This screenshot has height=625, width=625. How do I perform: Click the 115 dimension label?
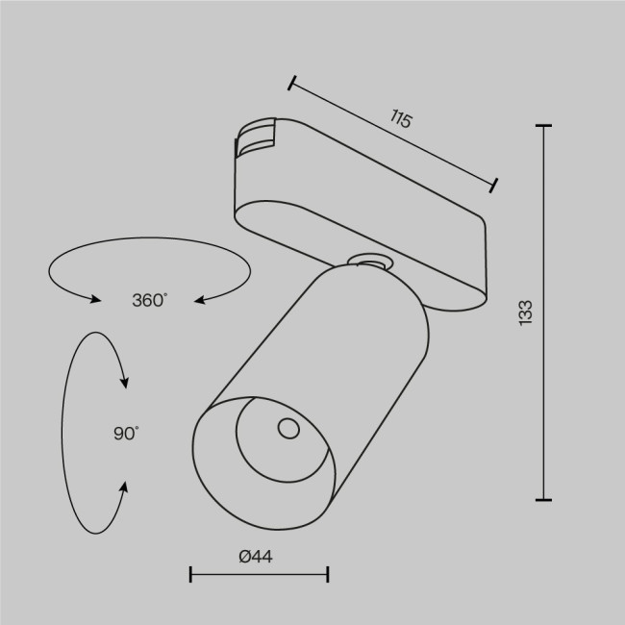401,120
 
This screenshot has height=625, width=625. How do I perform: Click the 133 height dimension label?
524,312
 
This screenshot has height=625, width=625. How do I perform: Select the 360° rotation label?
149,300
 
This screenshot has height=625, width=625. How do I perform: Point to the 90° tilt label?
125,434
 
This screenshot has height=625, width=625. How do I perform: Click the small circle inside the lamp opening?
286,429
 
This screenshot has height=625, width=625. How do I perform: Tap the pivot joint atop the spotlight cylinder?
367,260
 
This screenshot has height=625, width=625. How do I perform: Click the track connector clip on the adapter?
254,139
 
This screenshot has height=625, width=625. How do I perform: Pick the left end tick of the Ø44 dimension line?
191,575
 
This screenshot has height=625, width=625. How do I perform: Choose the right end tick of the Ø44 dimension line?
328,575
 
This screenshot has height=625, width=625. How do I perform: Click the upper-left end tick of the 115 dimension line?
291,83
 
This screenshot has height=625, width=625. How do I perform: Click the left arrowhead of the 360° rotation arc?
95,300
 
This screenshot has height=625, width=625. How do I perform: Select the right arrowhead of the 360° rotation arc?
201,300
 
